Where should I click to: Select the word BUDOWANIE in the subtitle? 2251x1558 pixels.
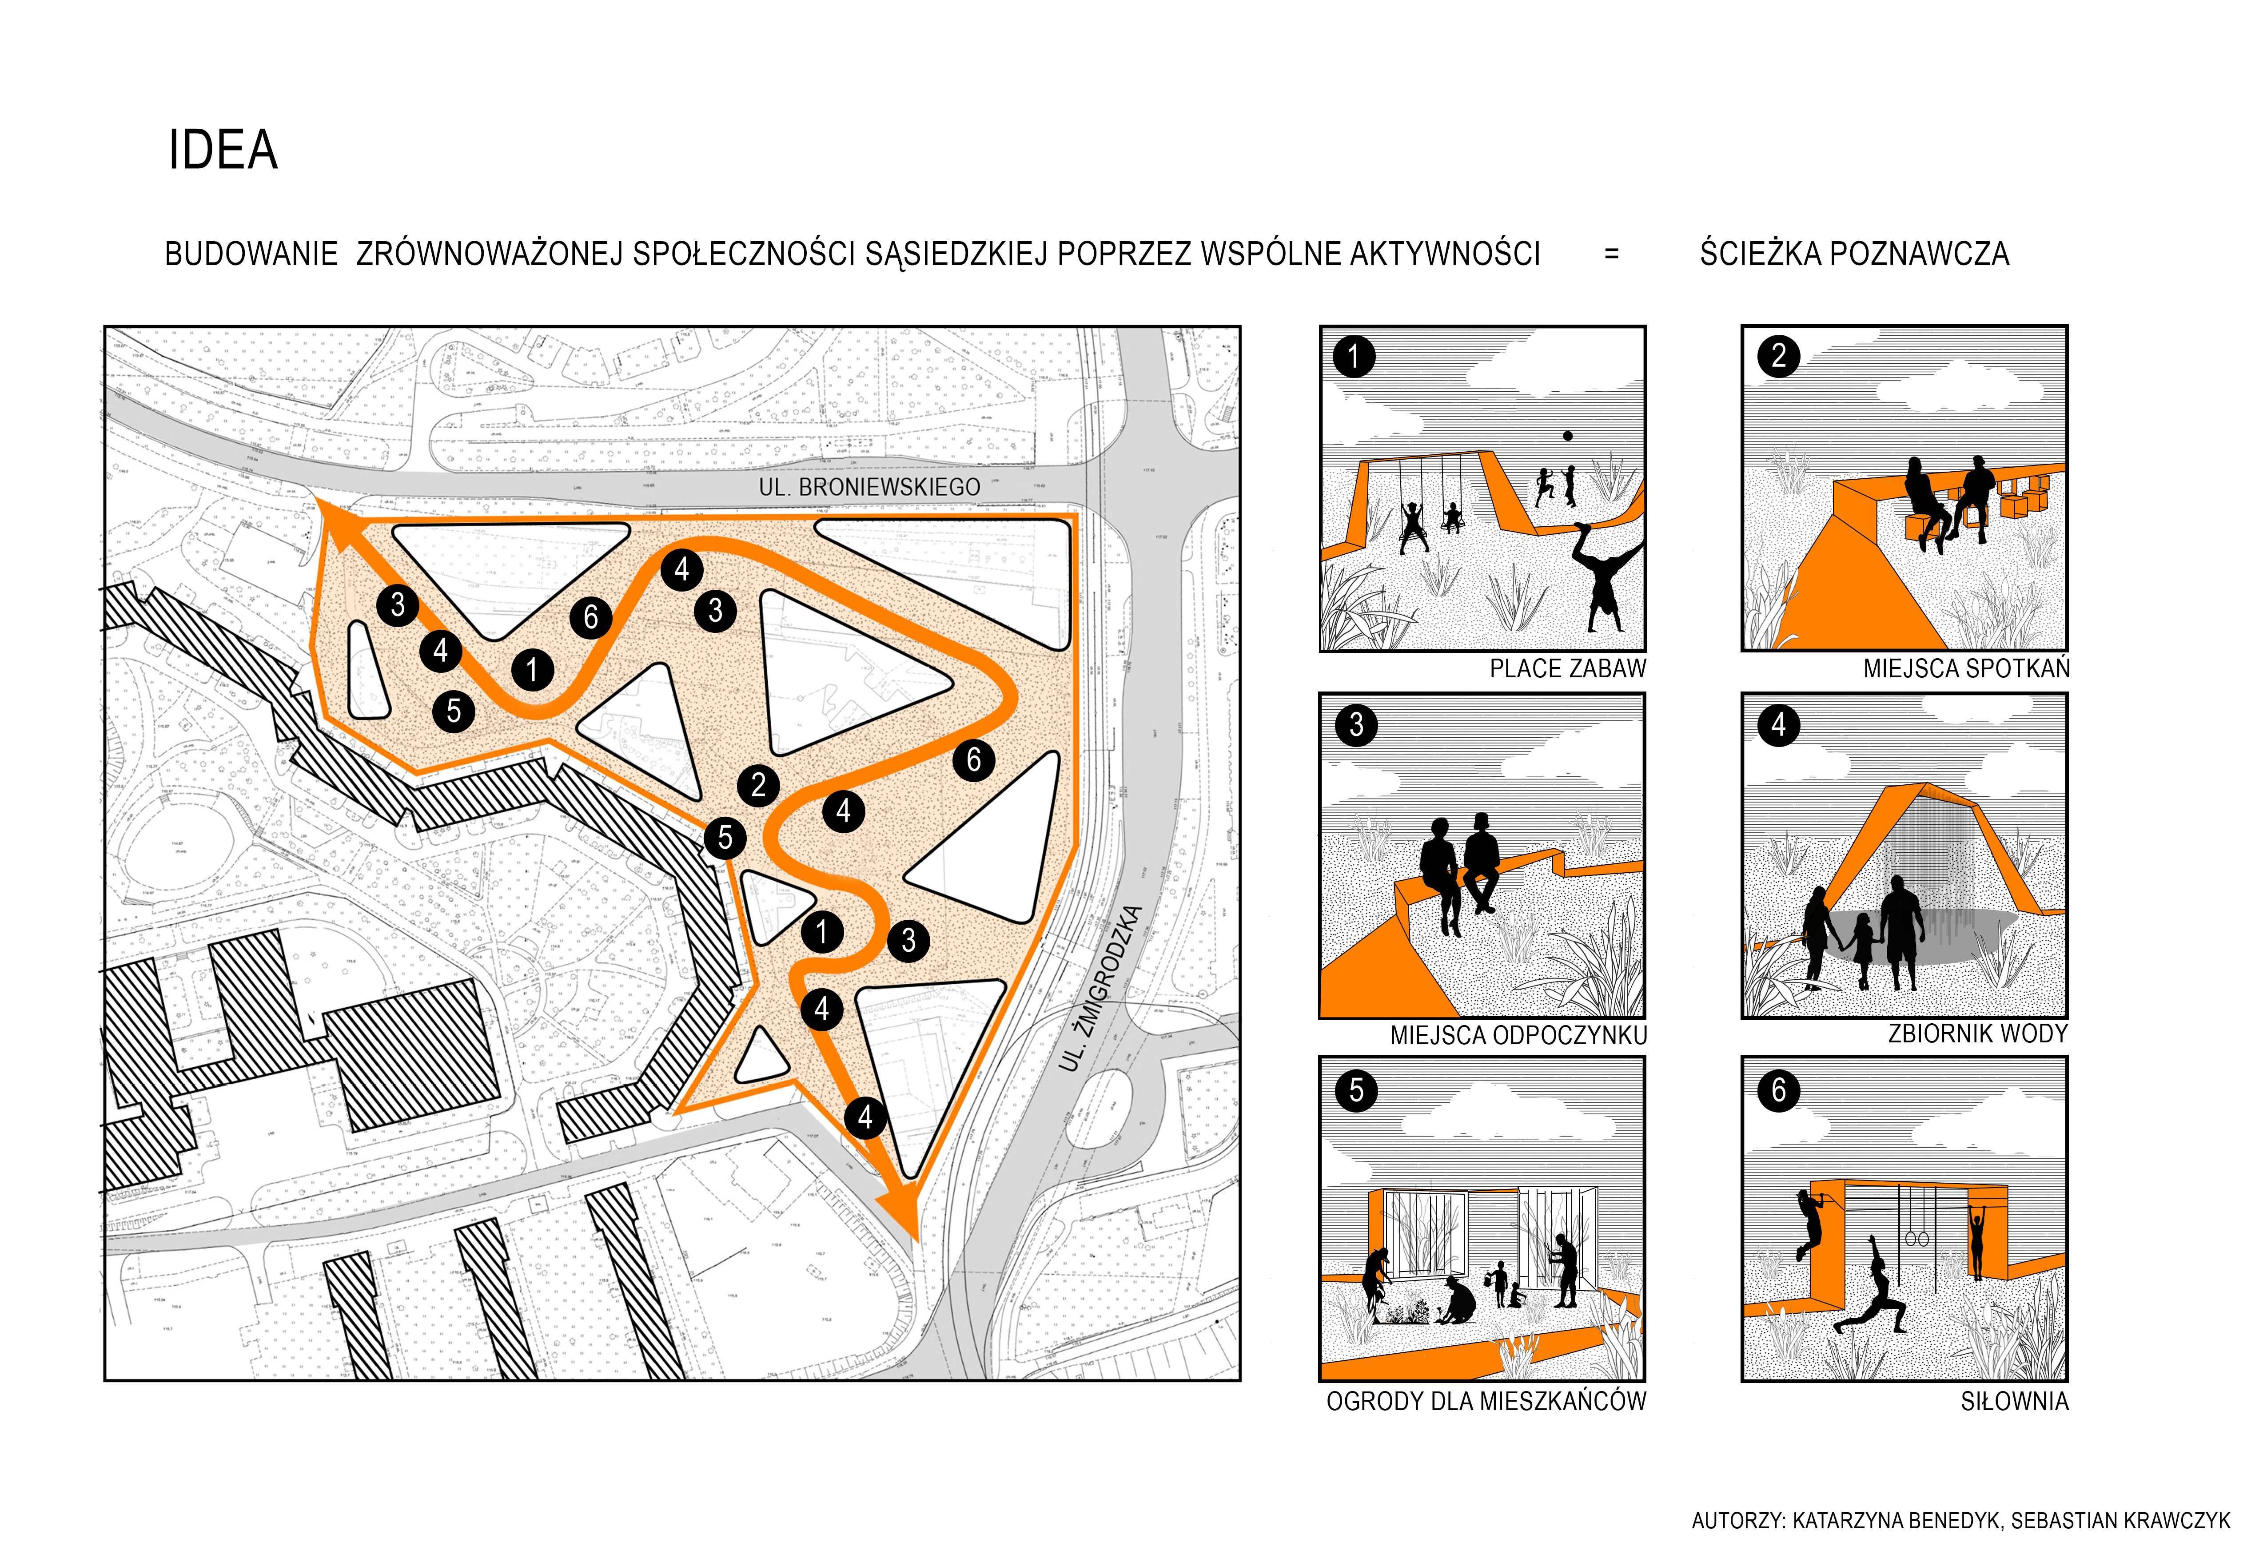[251, 254]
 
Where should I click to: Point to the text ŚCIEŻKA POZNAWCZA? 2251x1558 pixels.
[1854, 254]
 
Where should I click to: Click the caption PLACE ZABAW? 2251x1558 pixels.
[1567, 669]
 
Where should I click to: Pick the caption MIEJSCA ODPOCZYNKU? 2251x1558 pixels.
[1518, 1035]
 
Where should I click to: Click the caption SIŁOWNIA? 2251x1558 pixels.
[2014, 1401]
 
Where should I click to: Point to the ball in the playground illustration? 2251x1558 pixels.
[1567, 435]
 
